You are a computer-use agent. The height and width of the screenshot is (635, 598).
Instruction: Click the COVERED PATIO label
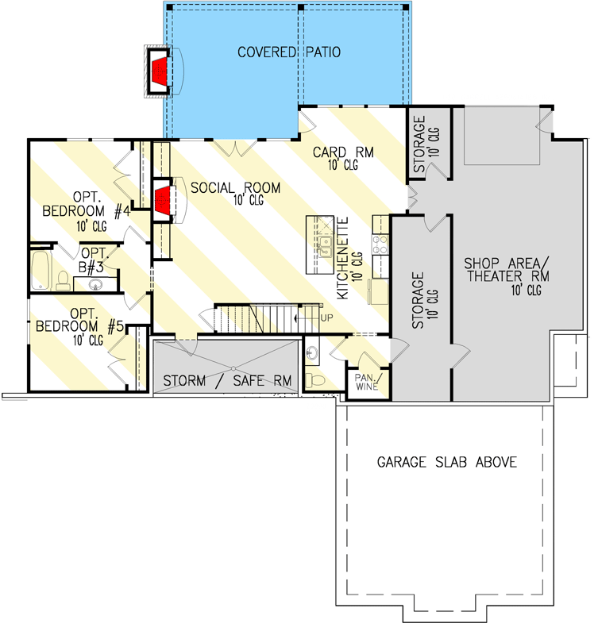point(289,52)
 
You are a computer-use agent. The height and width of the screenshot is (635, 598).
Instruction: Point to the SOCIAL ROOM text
point(235,188)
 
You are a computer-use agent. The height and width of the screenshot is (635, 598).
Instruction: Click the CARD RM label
point(343,152)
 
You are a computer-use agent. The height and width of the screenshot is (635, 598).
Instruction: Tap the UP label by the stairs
point(326,318)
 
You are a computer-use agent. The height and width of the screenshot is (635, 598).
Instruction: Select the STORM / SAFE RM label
point(227,381)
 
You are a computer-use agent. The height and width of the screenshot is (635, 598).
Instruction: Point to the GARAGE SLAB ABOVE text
point(447,462)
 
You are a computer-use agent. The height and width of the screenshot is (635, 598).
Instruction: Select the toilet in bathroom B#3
point(63,279)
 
